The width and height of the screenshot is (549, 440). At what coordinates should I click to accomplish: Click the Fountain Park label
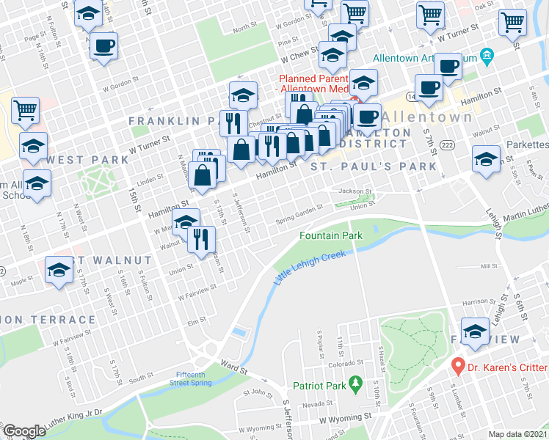(331, 236)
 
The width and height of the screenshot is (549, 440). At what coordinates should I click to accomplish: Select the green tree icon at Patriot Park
(355, 383)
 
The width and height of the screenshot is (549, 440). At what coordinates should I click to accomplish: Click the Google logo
(25, 431)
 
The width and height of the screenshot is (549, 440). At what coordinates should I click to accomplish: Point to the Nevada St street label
(318, 404)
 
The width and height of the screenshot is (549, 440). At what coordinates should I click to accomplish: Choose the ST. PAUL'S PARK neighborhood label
(373, 167)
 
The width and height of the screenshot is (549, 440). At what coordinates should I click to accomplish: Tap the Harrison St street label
(480, 301)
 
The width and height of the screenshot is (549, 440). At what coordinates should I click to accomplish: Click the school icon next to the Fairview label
(476, 331)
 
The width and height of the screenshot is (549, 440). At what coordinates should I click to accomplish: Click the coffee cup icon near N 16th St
(103, 47)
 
